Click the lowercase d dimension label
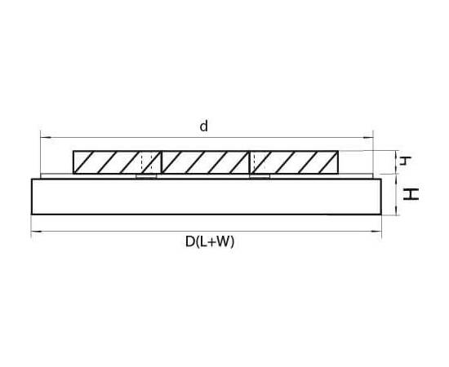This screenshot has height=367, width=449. pyautogui.click(x=203, y=126)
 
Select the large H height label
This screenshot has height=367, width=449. pyautogui.click(x=411, y=194)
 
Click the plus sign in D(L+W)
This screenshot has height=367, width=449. pyautogui.click(x=211, y=242)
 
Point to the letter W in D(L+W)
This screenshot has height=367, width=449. pyautogui.click(x=222, y=241)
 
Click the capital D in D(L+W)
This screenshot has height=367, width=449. pyautogui.click(x=190, y=241)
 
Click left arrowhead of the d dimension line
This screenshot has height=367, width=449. pyautogui.click(x=46, y=138)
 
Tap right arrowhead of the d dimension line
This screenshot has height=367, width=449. pyautogui.click(x=368, y=138)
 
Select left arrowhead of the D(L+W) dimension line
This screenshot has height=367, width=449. pyautogui.click(x=37, y=231)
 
